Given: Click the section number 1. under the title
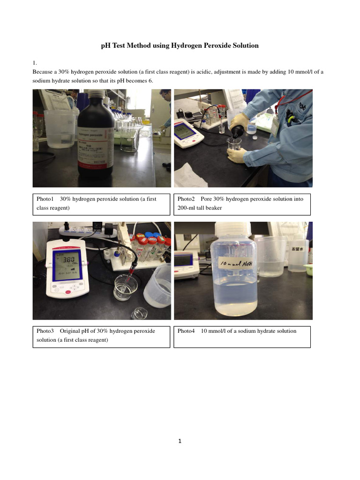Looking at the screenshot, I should click(x=34, y=62).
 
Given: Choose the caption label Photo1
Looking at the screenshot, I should click(x=46, y=199).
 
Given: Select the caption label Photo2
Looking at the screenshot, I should click(x=186, y=199).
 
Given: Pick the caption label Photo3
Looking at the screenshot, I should click(x=46, y=331).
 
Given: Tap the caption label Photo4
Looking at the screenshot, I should click(x=186, y=331).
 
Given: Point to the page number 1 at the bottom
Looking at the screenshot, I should click(x=180, y=441).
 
